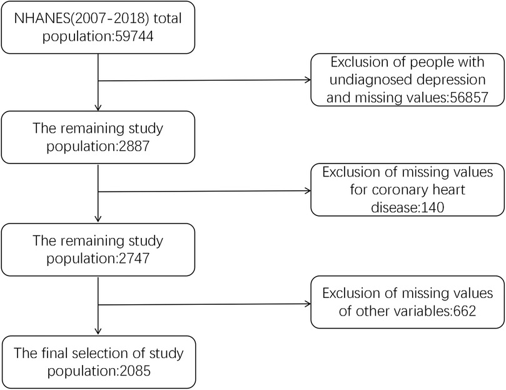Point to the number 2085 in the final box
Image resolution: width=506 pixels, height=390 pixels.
tap(129, 369)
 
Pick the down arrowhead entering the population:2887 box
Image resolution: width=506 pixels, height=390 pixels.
tap(98, 107)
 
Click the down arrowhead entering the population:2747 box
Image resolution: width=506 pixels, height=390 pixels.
tap(98, 217)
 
